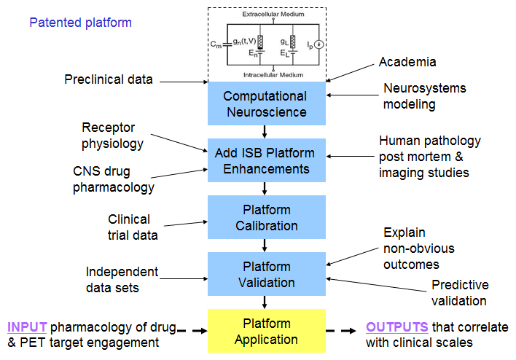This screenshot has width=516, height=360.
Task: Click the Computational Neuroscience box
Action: (x=265, y=103)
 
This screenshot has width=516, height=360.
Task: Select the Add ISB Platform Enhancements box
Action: (x=265, y=160)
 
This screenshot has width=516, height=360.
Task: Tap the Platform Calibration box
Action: (x=265, y=218)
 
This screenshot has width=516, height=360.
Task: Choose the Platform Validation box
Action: (x=265, y=274)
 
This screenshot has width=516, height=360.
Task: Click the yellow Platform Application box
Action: (x=265, y=330)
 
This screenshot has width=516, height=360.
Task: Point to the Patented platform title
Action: (x=80, y=23)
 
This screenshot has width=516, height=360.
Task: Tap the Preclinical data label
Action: (x=109, y=79)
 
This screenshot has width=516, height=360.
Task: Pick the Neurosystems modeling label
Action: (x=424, y=96)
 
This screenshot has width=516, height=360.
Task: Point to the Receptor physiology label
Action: (x=113, y=136)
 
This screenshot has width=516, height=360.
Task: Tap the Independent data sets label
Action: (x=122, y=280)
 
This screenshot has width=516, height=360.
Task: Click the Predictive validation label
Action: (x=459, y=292)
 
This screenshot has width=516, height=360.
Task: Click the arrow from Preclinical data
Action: (x=182, y=81)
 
